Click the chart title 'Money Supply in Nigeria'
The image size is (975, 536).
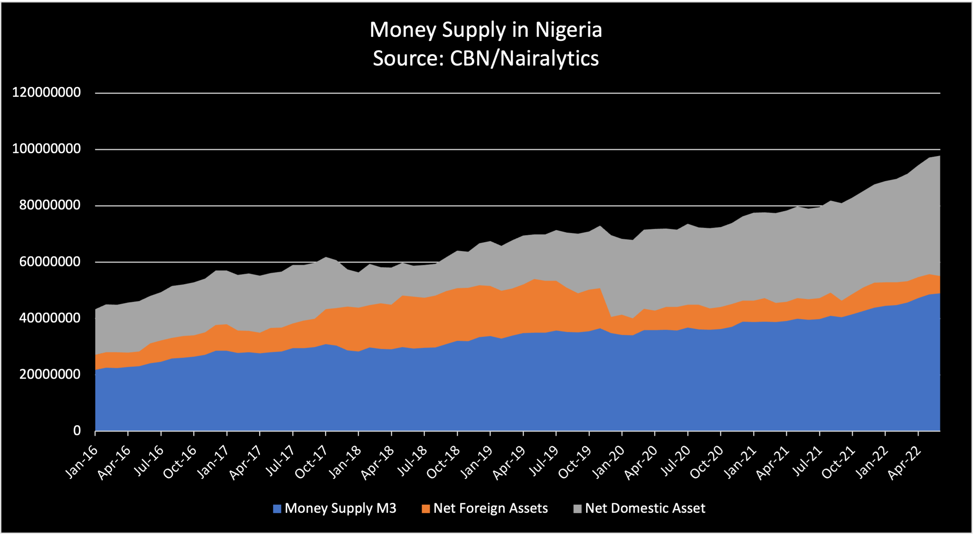click(x=485, y=29)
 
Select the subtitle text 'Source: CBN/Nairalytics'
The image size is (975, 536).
click(x=485, y=58)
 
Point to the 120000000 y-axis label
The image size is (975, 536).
click(x=46, y=92)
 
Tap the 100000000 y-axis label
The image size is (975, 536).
click(x=46, y=149)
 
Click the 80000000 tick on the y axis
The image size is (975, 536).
click(x=50, y=205)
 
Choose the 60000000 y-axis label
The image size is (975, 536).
click(x=50, y=262)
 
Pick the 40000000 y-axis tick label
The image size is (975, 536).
click(x=50, y=318)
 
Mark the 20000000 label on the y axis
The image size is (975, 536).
click(x=50, y=374)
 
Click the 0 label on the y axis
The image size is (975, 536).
click(x=77, y=430)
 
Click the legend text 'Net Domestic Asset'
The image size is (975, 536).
click(x=645, y=508)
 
